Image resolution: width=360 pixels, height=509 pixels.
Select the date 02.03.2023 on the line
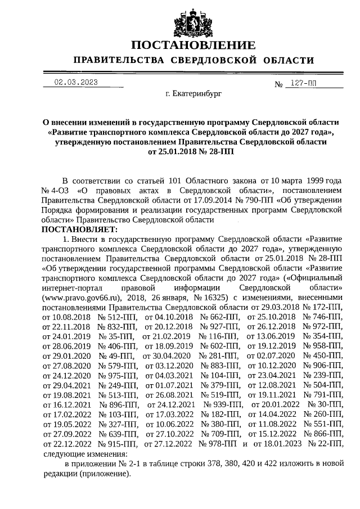pyautogui.click(x=76, y=82)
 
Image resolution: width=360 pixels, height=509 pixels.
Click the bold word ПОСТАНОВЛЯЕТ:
pyautogui.click(x=79, y=229)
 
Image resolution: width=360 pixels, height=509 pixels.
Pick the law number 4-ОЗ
pyautogui.click(x=61, y=190)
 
